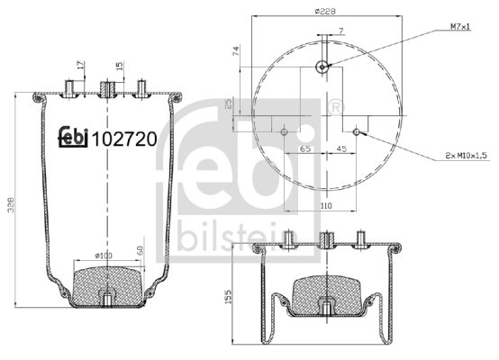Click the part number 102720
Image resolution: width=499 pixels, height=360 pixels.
126,139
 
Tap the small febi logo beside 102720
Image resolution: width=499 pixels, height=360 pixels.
73,137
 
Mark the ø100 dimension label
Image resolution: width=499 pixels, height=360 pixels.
105,254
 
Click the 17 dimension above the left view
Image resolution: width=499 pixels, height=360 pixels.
80,64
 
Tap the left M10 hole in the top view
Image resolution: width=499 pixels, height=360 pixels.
285,131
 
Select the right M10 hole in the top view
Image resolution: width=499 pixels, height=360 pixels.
358,131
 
